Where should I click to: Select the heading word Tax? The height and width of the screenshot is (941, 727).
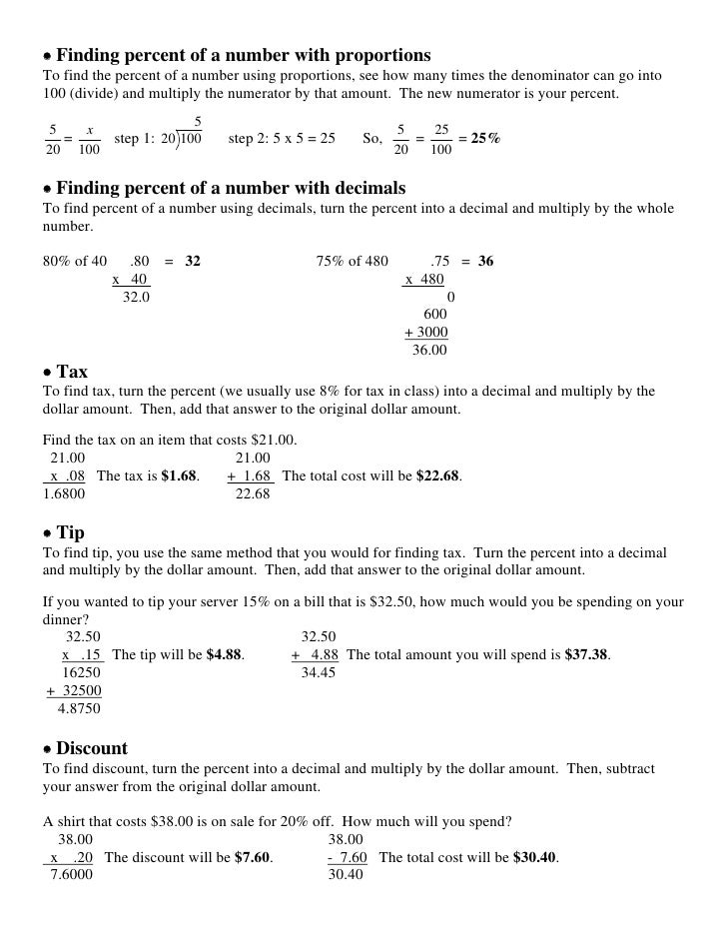(x=72, y=373)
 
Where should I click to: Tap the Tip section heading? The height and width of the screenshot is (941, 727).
(x=70, y=532)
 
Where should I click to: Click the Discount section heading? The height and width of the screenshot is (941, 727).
(x=92, y=748)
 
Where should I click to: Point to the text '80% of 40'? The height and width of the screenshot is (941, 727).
(x=75, y=262)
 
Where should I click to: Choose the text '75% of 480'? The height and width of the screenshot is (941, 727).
(x=352, y=262)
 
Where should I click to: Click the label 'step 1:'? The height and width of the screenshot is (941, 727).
(x=134, y=139)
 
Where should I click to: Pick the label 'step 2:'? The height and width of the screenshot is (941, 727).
(x=248, y=139)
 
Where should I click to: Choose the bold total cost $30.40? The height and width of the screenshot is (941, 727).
(x=535, y=857)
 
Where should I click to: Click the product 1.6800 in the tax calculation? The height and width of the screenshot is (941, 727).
(x=64, y=493)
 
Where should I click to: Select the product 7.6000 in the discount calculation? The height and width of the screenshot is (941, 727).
(x=71, y=875)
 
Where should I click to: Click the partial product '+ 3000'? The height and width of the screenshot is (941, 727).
(x=426, y=333)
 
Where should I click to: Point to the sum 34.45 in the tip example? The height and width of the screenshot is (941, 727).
(x=319, y=673)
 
